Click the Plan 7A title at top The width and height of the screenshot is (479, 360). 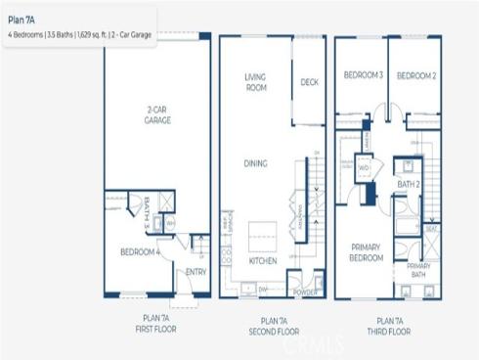pos(21,17)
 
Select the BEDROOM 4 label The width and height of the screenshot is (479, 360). pos(141,251)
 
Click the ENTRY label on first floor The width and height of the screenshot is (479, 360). pos(196,272)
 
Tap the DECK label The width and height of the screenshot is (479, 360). pos(309,82)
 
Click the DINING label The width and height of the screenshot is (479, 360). pos(256,163)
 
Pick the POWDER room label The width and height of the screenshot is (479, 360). pos(302,291)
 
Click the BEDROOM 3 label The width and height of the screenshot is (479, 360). pos(362,75)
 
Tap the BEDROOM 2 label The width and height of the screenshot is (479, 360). pos(414,75)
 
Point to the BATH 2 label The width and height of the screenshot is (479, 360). pos(408,183)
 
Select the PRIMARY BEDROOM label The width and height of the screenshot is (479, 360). pos(364,253)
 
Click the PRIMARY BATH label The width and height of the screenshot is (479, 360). pos(418,271)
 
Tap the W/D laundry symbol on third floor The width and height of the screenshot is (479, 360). pos(364,167)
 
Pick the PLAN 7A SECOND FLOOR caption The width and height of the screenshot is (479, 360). pos(274,326)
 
